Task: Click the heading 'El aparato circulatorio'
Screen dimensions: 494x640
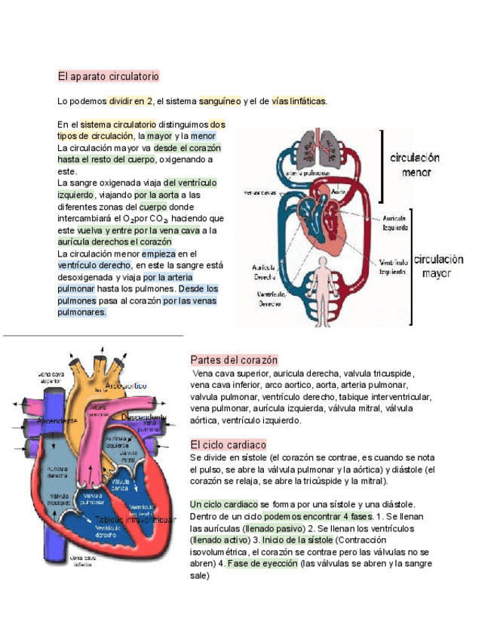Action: (x=108, y=77)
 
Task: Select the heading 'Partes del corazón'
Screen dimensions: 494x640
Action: (x=234, y=360)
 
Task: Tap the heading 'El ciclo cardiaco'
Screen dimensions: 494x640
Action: (x=228, y=445)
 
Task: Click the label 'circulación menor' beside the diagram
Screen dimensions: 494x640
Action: (x=416, y=165)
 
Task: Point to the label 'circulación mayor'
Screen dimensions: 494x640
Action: (x=437, y=266)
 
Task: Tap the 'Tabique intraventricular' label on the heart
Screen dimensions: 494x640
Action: (x=136, y=519)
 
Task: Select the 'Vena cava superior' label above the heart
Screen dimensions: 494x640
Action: (x=51, y=377)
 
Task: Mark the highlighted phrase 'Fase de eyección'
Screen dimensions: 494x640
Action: (x=262, y=564)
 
